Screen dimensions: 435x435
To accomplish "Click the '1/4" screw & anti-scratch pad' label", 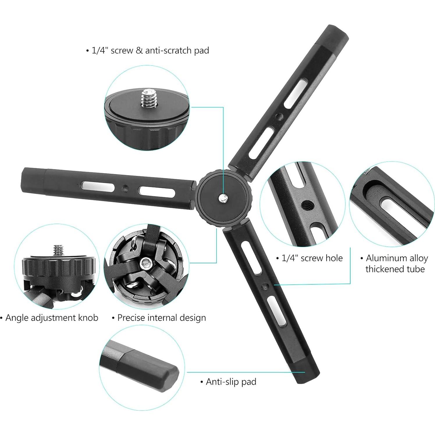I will pos(148,51).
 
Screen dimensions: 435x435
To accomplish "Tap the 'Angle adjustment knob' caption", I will pos(49,317).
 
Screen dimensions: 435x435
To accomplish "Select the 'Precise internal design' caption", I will pos(159,317).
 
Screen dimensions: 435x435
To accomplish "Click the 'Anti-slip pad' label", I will pos(228,381).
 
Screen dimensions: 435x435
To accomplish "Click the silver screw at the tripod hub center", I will pos(223,198).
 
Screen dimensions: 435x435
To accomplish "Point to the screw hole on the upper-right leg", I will pos(280,117).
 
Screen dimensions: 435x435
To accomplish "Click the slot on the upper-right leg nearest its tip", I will pos(295,95).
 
